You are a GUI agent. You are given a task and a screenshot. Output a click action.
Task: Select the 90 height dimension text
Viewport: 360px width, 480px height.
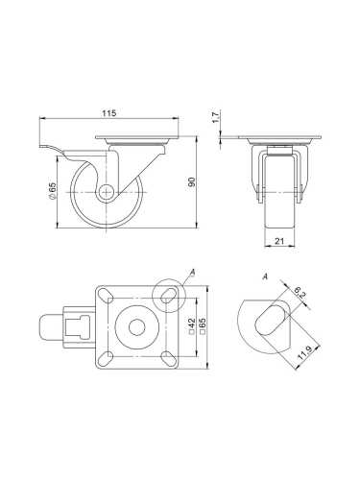[191, 183]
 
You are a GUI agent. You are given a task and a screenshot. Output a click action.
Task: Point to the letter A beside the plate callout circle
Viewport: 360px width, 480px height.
[193, 273]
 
